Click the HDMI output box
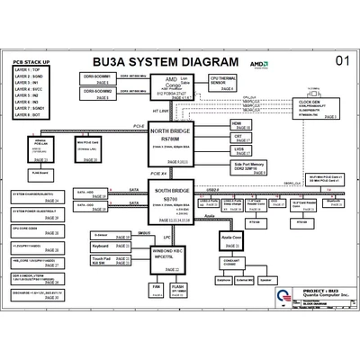tap(240, 126)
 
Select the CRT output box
tap(240, 139)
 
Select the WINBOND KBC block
tap(168, 256)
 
